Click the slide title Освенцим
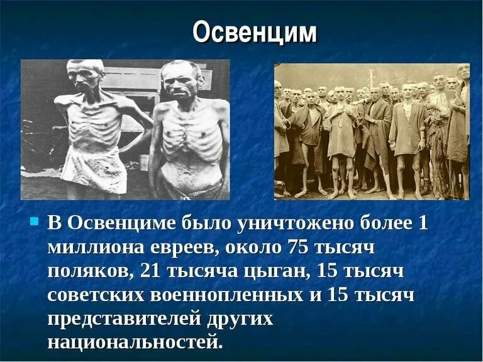pos(255,33)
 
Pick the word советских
pos(95,295)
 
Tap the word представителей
pos(123,319)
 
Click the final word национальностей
pos(135,343)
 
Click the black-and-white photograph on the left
pos(125,129)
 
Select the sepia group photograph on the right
pos(372,131)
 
